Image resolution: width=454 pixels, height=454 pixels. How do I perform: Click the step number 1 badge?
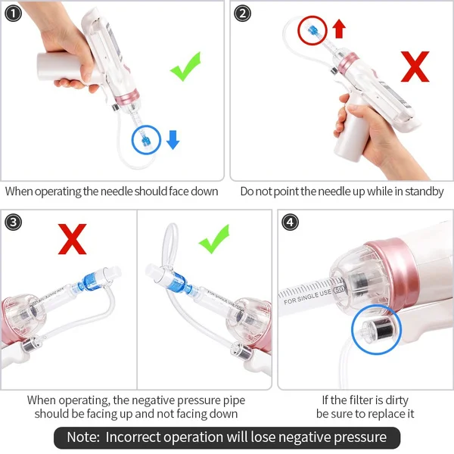click(x=13, y=14)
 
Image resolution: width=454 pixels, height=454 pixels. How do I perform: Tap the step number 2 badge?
click(x=243, y=14)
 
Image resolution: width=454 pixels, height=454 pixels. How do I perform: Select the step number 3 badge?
click(x=13, y=222)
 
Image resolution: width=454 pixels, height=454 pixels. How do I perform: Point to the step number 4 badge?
click(x=289, y=222)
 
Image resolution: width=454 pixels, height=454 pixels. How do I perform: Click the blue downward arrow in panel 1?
click(x=173, y=139)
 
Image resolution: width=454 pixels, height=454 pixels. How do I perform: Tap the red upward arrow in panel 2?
click(x=338, y=29)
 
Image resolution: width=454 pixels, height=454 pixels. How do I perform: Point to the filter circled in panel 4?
click(x=375, y=331)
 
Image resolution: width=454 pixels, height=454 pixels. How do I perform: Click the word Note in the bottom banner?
click(x=82, y=437)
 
